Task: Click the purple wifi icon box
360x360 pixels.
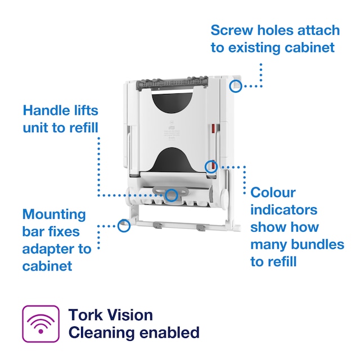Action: pyautogui.click(x=40, y=323)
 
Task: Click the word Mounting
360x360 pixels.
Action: pyautogui.click(x=54, y=214)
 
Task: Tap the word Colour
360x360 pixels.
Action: pyautogui.click(x=273, y=192)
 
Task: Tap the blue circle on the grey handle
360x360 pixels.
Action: pyautogui.click(x=172, y=195)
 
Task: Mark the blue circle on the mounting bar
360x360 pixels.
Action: pyautogui.click(x=124, y=226)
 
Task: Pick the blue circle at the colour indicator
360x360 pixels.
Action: pyautogui.click(x=211, y=166)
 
